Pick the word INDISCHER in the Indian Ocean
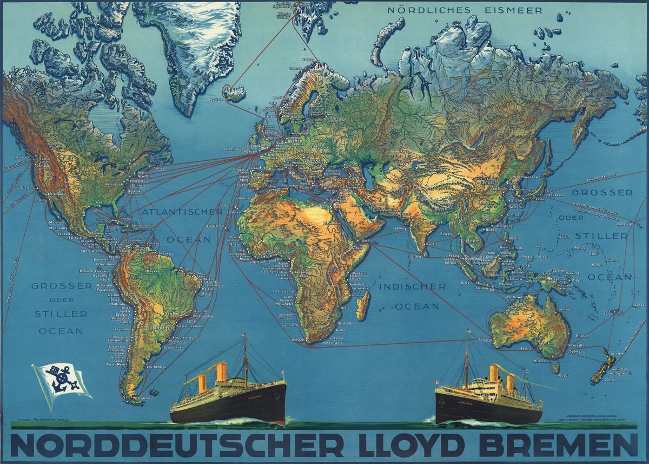coord(412,286)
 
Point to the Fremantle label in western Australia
coord(484,339)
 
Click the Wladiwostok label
coord(520,177)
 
